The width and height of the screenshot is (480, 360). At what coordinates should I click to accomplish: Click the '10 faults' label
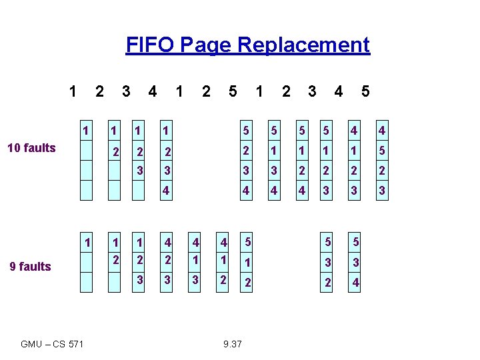31,148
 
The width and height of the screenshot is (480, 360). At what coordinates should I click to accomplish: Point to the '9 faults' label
30,267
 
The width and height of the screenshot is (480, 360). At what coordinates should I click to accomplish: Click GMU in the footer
31,344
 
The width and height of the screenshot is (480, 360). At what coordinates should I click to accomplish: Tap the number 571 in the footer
76,344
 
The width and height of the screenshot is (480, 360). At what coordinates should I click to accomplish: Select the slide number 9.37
233,344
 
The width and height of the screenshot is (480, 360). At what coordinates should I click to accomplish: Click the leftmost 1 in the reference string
73,90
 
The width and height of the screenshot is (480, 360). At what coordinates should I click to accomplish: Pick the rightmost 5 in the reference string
365,90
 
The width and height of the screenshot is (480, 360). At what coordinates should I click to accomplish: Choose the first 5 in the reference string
232,90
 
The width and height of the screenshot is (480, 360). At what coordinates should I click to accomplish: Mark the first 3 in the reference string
126,90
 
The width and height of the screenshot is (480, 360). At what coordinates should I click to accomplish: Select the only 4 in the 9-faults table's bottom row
356,283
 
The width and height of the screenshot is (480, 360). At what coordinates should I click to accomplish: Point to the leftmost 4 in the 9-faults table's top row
168,241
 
